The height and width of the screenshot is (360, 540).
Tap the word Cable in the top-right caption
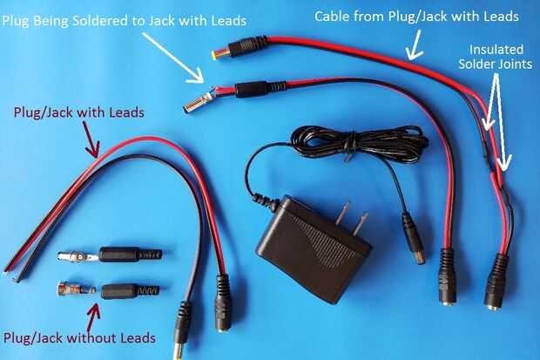(333, 16)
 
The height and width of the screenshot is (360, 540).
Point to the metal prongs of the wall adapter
(352, 218)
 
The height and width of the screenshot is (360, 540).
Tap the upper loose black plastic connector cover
(129, 255)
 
